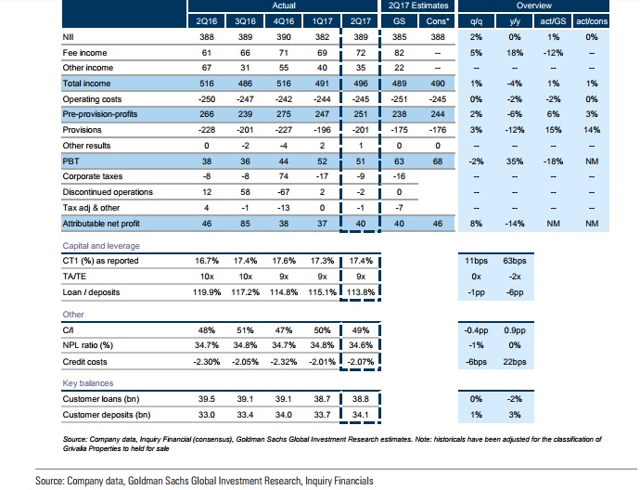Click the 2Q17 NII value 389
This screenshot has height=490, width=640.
362,37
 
